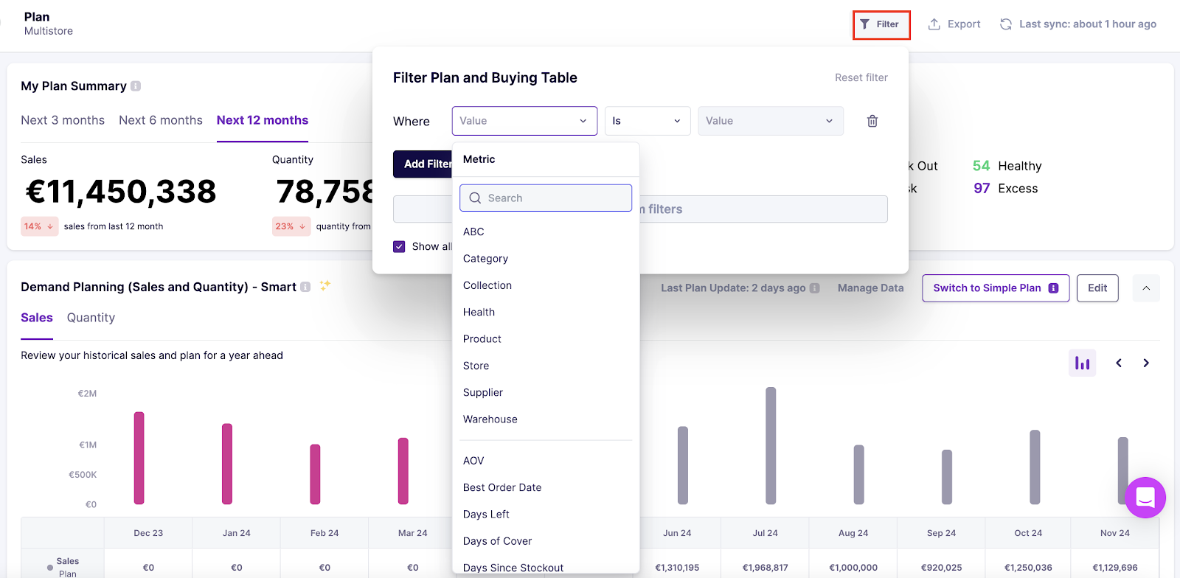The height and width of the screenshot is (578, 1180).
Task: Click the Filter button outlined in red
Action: click(881, 24)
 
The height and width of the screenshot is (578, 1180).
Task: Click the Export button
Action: click(954, 24)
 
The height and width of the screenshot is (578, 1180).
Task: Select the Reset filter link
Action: click(861, 77)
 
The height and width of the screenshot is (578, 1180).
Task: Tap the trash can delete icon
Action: click(872, 121)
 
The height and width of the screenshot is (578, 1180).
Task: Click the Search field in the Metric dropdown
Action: click(546, 198)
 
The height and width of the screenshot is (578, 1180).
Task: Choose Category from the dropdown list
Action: click(485, 259)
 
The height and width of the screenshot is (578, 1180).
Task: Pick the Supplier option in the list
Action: click(483, 393)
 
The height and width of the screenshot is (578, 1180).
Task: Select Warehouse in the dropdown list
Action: click(490, 419)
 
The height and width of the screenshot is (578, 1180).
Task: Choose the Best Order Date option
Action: click(502, 487)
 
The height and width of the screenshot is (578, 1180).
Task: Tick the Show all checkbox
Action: click(399, 246)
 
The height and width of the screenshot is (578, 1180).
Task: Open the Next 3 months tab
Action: click(63, 120)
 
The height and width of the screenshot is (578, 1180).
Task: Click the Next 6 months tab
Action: click(161, 120)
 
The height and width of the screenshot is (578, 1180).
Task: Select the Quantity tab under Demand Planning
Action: click(91, 318)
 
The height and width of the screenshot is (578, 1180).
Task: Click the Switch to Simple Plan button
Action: click(995, 288)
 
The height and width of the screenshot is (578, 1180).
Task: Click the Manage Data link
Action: click(870, 288)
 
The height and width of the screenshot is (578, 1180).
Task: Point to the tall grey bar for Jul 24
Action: click(771, 445)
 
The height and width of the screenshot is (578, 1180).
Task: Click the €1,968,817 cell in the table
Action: click(765, 568)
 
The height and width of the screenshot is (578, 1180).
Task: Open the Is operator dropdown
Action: click(647, 121)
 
